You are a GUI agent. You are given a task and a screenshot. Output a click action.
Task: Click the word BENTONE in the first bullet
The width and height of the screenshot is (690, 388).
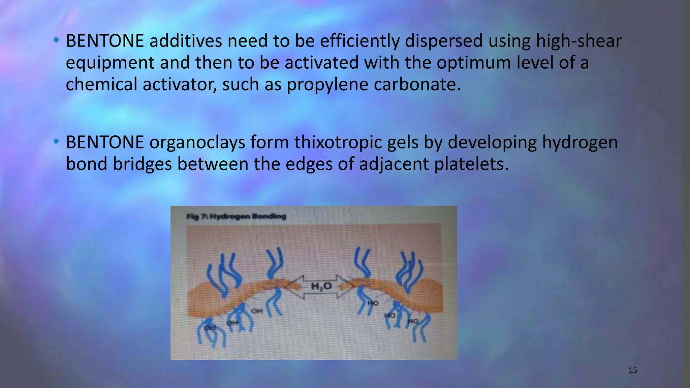pos(105,41)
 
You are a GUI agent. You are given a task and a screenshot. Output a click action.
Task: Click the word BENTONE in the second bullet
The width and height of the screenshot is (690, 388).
pos(105,142)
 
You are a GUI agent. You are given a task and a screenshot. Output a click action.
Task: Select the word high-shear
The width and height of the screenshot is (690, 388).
pos(578,41)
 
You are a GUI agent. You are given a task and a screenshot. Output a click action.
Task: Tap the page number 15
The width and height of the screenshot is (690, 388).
pos(633,370)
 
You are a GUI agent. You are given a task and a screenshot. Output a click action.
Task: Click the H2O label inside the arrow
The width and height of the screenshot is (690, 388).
pos(321,287)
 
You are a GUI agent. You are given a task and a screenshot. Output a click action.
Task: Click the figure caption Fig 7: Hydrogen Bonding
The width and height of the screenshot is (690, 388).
pos(236,216)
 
